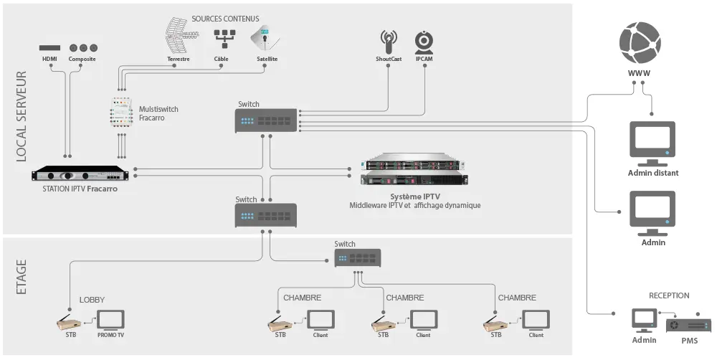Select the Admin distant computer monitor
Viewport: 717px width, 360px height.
[652, 141]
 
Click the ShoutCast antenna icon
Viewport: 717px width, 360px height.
[389, 40]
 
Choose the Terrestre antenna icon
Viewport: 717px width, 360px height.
[178, 35]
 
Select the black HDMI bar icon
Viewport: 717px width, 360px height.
[49, 47]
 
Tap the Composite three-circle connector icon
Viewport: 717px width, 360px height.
[82, 47]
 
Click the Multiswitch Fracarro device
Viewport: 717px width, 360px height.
[120, 113]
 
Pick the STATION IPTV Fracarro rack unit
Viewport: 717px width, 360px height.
[82, 175]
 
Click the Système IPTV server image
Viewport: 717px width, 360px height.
[414, 171]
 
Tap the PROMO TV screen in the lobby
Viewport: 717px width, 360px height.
[110, 321]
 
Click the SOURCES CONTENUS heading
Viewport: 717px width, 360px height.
[226, 17]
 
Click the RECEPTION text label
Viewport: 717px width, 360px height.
[669, 295]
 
